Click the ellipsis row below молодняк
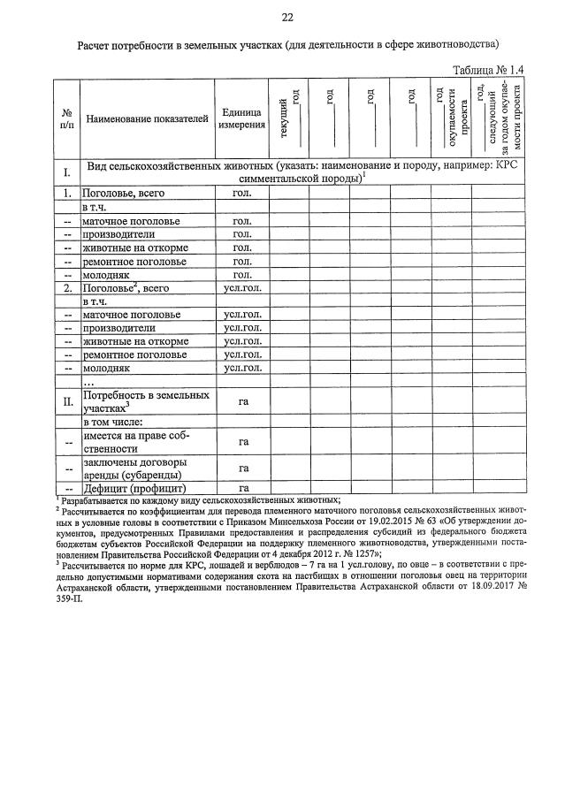click(x=88, y=383)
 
